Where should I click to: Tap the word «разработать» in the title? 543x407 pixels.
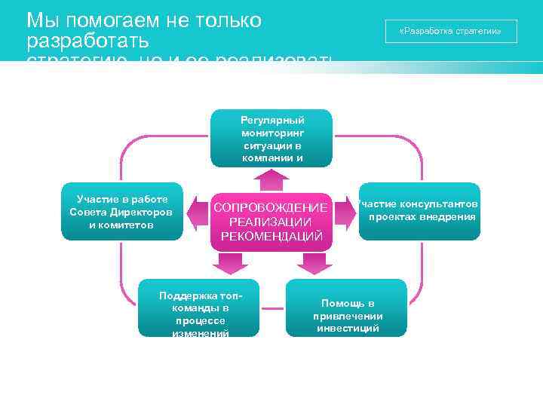point(87,40)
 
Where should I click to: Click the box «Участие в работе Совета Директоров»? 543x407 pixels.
point(121,212)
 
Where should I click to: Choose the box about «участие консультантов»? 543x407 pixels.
point(419,212)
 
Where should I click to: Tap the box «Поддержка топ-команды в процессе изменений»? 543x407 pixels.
point(199,308)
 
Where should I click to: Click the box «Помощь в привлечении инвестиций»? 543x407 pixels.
point(347,308)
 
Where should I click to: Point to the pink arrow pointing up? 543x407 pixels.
point(271,179)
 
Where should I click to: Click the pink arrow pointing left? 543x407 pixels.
point(198,216)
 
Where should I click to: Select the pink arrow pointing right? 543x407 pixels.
point(345,216)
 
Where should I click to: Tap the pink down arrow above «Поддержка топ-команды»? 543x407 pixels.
point(230,263)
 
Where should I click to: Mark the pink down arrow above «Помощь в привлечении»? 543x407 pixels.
point(313,263)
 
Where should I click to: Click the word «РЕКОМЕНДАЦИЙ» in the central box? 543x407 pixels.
point(271,237)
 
